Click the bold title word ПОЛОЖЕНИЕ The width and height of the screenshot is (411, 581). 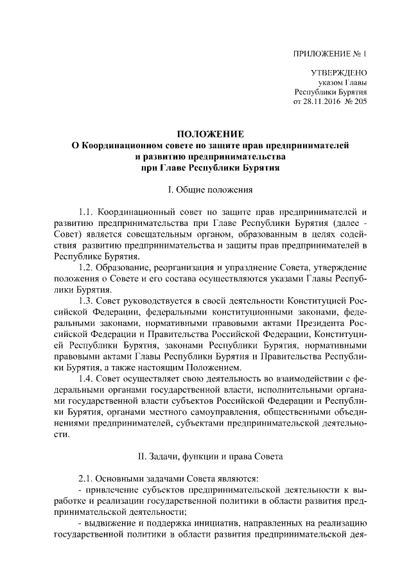[x=211, y=134]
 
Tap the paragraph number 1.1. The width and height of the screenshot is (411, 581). [x=87, y=211]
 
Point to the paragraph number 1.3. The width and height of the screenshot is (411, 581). [x=87, y=300]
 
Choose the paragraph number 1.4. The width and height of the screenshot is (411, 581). [x=87, y=379]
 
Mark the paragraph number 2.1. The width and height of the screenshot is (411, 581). [x=87, y=478]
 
